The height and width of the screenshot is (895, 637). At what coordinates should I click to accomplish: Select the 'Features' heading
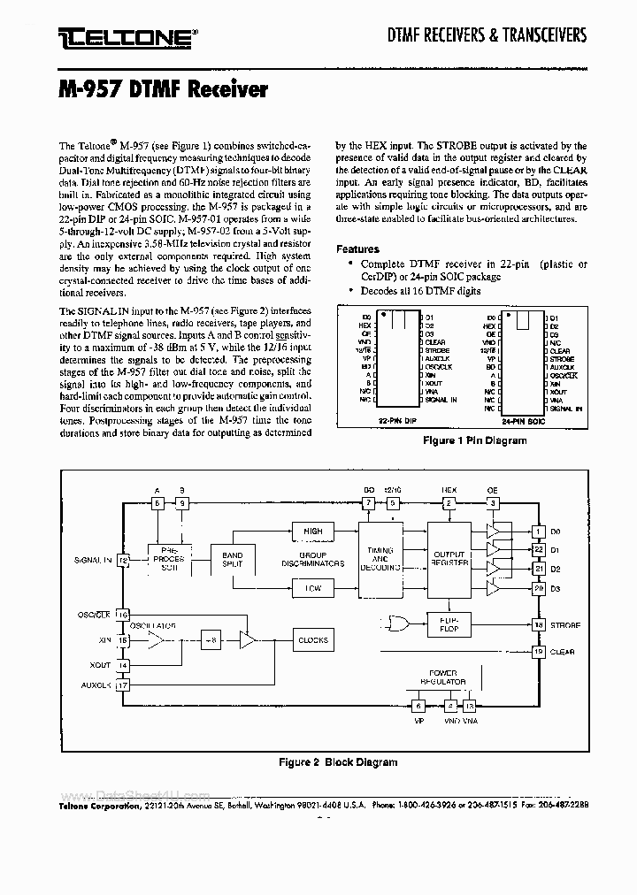pos(357,249)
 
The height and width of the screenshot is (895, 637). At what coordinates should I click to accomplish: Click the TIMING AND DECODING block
pos(380,560)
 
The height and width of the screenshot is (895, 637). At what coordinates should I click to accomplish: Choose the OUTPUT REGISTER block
pos(449,560)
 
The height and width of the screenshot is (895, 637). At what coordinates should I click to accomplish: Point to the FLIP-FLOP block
pos(449,623)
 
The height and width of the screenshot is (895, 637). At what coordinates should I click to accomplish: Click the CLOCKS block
pos(312,640)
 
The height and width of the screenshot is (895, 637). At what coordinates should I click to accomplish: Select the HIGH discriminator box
pos(312,532)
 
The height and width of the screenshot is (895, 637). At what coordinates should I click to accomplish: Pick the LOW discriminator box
pos(312,587)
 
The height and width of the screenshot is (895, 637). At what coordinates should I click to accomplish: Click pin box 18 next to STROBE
pos(538,625)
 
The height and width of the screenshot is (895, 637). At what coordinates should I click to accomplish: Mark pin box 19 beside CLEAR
pos(538,652)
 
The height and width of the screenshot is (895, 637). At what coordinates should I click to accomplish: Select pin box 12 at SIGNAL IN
pos(124,560)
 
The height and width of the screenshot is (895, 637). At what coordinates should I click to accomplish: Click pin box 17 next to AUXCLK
pos(124,685)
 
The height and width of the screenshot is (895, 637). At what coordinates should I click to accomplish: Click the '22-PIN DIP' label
pos(395,423)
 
